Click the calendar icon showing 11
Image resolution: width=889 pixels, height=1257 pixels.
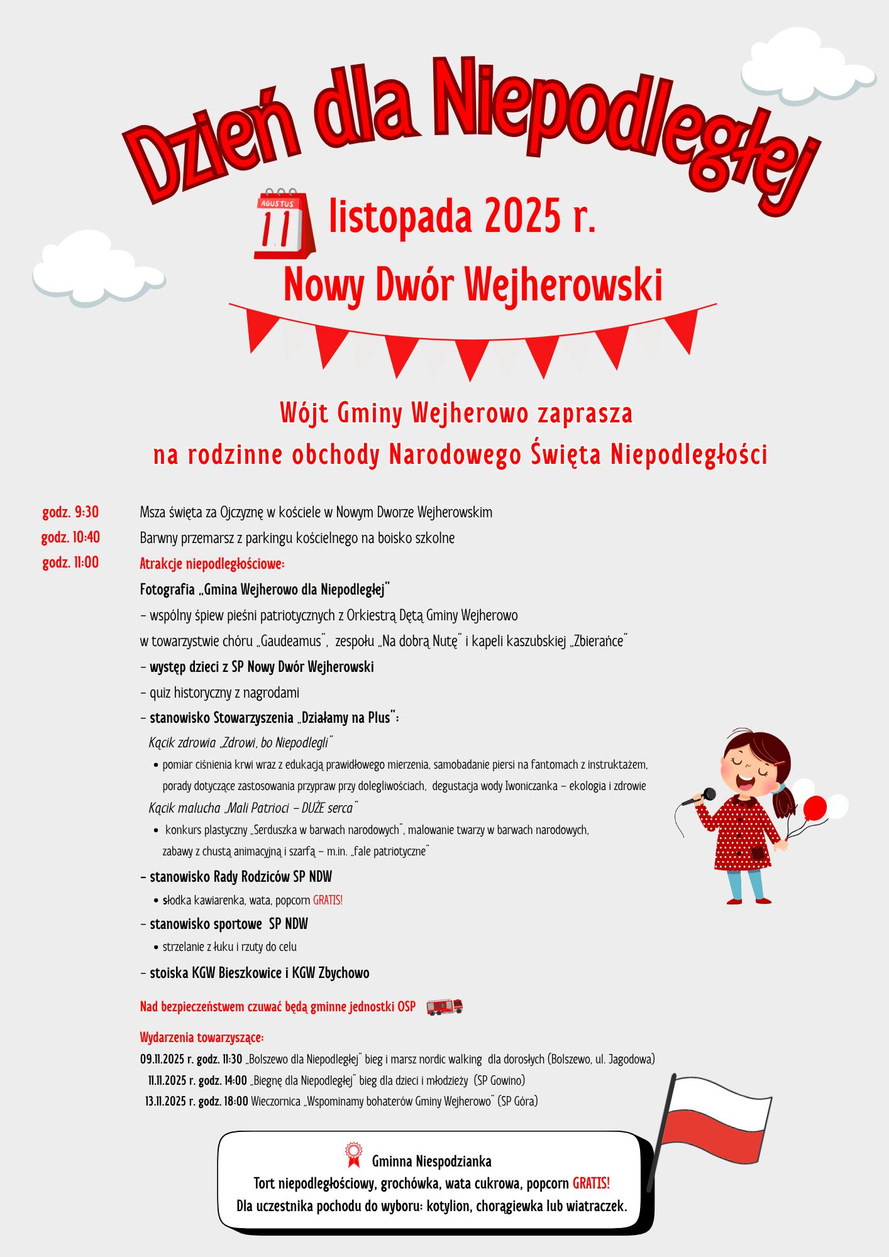tap(284, 224)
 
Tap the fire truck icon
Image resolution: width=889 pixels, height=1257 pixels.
tap(444, 1006)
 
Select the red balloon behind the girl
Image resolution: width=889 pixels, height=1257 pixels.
tap(814, 808)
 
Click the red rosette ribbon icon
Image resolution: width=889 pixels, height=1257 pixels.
tap(353, 1152)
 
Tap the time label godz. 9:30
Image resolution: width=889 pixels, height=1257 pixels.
tap(70, 512)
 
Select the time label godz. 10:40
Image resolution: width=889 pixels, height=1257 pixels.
tap(70, 538)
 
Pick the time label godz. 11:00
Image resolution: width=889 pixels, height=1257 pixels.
tap(70, 563)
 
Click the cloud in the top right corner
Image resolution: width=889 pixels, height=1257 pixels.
tap(808, 69)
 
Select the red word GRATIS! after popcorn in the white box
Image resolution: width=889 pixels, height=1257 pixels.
tap(590, 1183)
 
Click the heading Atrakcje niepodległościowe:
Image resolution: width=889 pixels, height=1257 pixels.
tap(212, 564)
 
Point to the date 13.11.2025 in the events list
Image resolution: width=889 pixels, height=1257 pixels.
tap(166, 1101)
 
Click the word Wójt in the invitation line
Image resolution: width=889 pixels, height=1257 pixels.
tap(305, 414)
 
